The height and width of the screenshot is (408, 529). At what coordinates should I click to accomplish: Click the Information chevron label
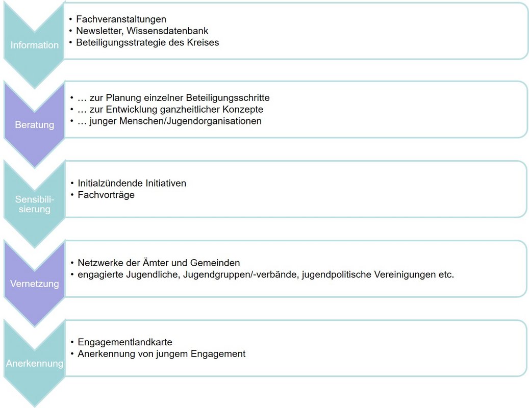point(35,45)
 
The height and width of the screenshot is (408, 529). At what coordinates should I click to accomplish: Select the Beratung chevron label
point(35,125)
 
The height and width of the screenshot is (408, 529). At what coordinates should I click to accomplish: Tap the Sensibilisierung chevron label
point(35,204)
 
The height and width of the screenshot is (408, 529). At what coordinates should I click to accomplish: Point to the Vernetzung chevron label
point(35,284)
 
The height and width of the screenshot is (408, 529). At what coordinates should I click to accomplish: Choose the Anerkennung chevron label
point(35,364)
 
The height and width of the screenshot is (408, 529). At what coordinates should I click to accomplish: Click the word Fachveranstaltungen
point(121,19)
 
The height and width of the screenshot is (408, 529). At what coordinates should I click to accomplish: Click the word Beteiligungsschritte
point(228,97)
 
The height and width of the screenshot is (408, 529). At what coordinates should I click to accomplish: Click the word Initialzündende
point(110,183)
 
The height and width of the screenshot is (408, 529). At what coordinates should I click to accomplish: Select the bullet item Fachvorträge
point(106,195)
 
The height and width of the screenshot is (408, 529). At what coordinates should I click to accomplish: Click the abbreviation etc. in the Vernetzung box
point(446,275)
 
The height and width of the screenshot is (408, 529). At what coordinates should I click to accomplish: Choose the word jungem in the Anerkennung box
point(173,354)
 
